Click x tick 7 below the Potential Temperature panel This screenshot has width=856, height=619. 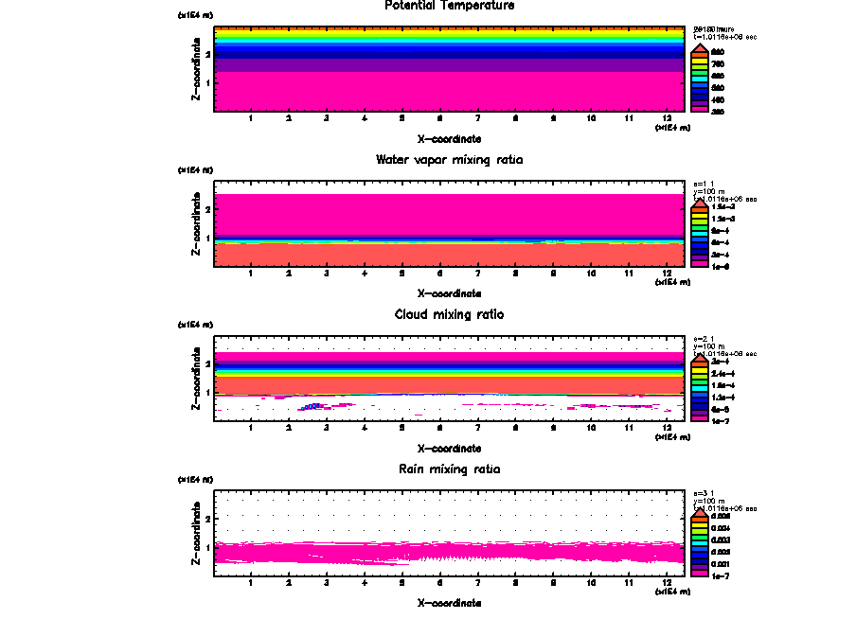477,118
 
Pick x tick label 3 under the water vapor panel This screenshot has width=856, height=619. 326,274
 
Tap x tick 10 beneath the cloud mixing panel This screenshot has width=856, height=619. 591,428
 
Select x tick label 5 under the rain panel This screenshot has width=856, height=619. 401,582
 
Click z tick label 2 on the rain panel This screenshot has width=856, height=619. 206,519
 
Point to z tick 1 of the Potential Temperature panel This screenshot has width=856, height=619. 206,81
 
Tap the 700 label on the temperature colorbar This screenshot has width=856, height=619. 718,63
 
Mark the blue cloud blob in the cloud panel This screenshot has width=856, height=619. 314,406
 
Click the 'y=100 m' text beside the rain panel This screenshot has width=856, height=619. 709,501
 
